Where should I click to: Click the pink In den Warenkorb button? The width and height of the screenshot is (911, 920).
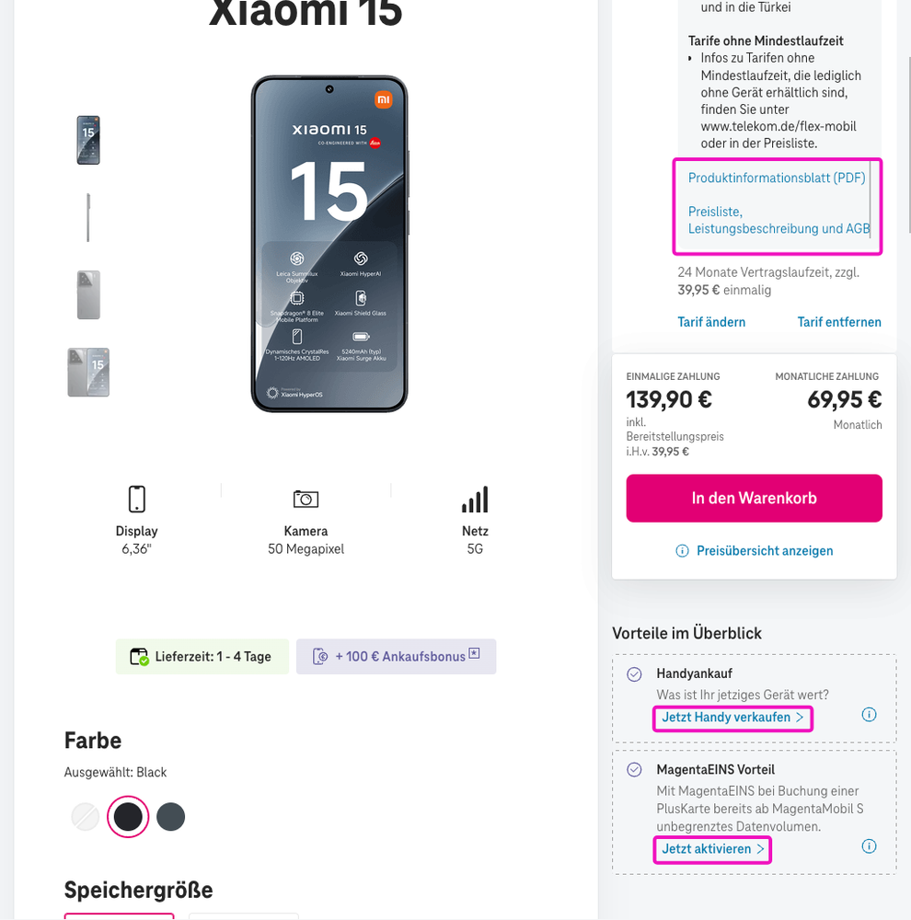click(x=754, y=498)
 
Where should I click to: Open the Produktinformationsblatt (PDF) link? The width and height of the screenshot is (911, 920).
click(x=777, y=178)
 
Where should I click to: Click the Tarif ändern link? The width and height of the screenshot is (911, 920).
click(x=711, y=322)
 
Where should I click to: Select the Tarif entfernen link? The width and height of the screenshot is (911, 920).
click(x=839, y=322)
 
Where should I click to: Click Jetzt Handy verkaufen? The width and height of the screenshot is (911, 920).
click(x=732, y=717)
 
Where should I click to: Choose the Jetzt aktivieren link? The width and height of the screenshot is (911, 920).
click(x=712, y=848)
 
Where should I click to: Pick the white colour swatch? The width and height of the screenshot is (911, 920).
click(x=86, y=816)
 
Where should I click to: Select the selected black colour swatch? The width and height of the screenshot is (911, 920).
click(x=128, y=816)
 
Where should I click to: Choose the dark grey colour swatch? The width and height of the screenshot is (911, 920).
click(x=170, y=816)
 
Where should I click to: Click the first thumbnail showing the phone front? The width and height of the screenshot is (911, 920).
click(x=88, y=140)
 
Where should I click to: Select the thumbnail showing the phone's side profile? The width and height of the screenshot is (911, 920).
click(x=88, y=217)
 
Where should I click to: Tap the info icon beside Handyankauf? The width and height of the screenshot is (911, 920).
click(x=869, y=715)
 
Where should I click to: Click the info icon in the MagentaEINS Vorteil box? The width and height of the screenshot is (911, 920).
click(x=869, y=846)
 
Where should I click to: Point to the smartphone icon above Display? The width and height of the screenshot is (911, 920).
click(x=136, y=499)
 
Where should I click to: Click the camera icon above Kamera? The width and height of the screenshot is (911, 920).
click(x=306, y=499)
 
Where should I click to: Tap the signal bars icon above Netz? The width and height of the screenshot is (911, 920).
click(x=475, y=500)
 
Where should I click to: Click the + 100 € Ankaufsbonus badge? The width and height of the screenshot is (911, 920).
click(x=396, y=656)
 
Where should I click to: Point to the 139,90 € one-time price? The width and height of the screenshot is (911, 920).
click(x=669, y=399)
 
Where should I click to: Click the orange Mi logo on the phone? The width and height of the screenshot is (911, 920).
click(x=383, y=99)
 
